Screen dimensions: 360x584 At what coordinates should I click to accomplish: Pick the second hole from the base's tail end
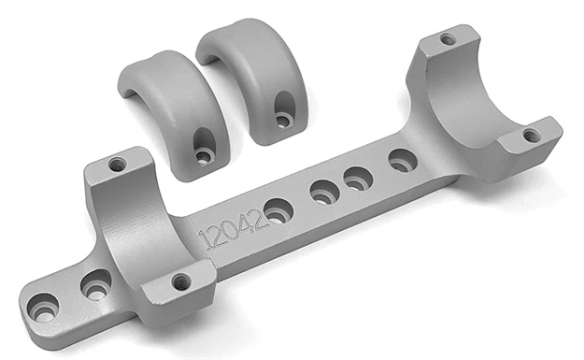click(95, 284)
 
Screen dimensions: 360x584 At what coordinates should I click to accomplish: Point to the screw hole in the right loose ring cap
click(282, 119)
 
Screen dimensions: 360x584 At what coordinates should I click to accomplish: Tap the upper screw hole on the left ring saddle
click(117, 165)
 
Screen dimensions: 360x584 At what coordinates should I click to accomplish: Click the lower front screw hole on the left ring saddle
click(181, 281)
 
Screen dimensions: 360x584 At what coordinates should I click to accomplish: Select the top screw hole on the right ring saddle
click(449, 39)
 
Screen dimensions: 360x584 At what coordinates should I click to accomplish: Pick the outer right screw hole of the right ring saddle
click(532, 136)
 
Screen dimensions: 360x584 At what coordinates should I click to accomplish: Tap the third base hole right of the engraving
click(359, 177)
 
